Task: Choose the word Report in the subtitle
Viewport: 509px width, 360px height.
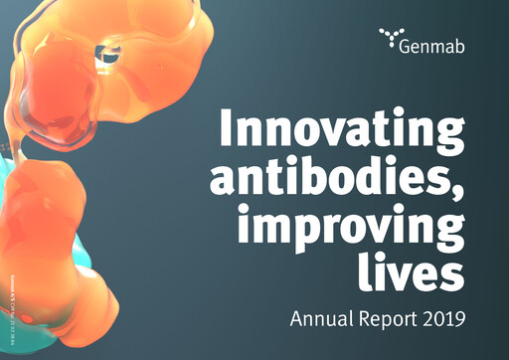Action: [x=382, y=322]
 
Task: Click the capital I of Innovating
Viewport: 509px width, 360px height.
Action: [x=225, y=128]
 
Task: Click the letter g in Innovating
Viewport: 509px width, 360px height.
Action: [x=448, y=137]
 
